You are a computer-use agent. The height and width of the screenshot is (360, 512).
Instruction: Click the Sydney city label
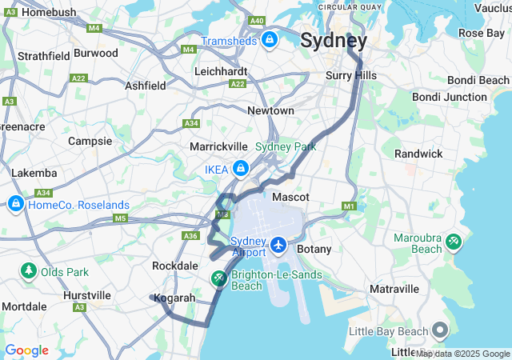pyautogui.click(x=334, y=40)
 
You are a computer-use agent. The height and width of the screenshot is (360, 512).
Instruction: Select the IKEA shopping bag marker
pyautogui.click(x=240, y=169)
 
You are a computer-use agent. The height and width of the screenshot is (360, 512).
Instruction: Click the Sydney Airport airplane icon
pyautogui.click(x=278, y=244)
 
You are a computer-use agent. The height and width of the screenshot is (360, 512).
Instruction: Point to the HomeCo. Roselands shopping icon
pyautogui.click(x=15, y=205)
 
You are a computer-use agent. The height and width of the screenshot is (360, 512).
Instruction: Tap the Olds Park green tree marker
pyautogui.click(x=29, y=272)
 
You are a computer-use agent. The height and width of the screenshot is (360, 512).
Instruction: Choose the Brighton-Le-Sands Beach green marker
pyautogui.click(x=218, y=278)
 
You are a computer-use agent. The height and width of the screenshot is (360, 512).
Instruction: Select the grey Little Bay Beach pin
pyautogui.click(x=440, y=330)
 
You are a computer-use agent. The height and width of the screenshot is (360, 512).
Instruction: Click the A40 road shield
pyautogui.click(x=257, y=21)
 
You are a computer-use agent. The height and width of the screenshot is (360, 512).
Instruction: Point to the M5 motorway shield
pyautogui.click(x=121, y=218)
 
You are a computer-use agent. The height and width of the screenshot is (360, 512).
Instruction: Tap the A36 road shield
pyautogui.click(x=190, y=235)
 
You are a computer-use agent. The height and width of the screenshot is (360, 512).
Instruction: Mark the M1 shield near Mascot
pyautogui.click(x=349, y=206)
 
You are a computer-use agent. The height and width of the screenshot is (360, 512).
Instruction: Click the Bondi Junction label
pyautogui.click(x=449, y=97)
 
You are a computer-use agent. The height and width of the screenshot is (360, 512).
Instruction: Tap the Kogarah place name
pyautogui.click(x=175, y=298)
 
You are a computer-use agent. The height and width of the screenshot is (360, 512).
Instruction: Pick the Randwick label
pyautogui.click(x=418, y=154)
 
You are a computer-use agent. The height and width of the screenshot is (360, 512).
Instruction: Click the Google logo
pyautogui.click(x=26, y=350)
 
